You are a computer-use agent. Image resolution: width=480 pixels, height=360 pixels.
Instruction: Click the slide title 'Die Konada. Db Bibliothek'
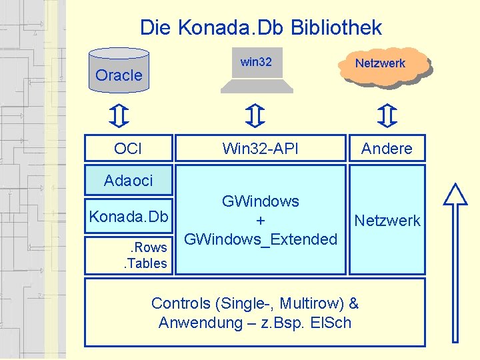point(261,27)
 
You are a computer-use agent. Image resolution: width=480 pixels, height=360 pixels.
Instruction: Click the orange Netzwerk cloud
point(381,65)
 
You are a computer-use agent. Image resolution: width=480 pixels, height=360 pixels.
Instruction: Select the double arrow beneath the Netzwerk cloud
point(386,115)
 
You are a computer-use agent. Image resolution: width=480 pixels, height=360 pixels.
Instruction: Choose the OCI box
point(128,148)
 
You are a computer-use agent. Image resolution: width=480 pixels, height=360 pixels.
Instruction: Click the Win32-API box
point(260,148)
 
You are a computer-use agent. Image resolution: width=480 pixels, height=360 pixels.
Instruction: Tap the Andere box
point(387,148)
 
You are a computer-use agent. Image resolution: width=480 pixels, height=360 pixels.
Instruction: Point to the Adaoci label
point(128,180)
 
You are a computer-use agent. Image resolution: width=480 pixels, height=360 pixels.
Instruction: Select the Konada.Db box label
point(128,217)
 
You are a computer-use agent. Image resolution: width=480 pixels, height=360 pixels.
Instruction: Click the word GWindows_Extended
point(261,239)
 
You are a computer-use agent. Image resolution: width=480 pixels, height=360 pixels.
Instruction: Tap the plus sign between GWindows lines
point(261,220)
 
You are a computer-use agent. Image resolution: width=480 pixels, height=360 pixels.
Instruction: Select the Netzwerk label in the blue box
point(387,220)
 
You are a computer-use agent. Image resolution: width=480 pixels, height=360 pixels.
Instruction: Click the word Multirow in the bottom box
point(309,303)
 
